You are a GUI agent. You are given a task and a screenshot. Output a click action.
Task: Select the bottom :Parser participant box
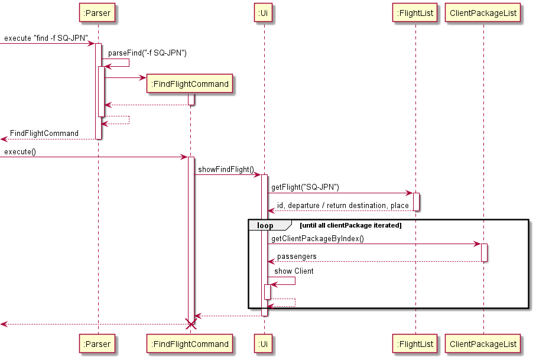click(98, 343)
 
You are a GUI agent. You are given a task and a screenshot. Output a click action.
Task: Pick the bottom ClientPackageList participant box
click(483, 343)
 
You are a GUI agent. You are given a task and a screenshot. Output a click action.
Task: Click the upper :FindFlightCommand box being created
click(190, 84)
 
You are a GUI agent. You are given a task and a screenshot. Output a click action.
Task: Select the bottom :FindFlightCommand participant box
click(190, 343)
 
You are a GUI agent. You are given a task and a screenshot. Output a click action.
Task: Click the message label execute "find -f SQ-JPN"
click(46, 38)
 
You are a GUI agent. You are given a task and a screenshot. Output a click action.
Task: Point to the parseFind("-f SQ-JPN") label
click(147, 53)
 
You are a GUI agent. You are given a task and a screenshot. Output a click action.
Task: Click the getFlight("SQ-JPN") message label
click(305, 187)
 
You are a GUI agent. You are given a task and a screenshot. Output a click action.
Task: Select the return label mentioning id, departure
click(343, 206)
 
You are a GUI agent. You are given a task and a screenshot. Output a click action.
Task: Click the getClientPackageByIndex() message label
click(317, 239)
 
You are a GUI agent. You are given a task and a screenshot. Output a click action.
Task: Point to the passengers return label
click(297, 257)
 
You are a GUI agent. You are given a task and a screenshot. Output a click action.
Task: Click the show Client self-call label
click(294, 271)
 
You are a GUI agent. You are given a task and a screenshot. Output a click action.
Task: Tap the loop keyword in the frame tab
click(265, 225)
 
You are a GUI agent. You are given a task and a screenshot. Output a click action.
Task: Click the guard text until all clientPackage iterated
click(351, 225)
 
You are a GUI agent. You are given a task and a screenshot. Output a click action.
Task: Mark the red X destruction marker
click(190, 324)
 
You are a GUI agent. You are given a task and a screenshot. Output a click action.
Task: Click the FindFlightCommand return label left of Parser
click(44, 134)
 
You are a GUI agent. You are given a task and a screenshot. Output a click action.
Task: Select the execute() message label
click(20, 152)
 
